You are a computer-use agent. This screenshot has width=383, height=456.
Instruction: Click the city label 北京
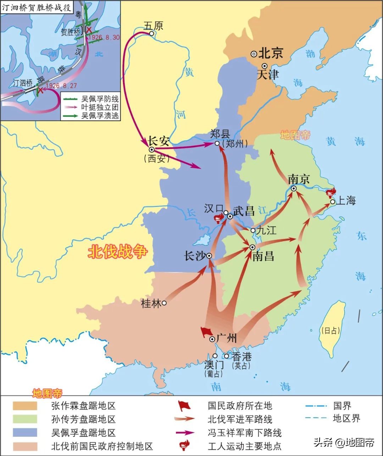[271, 53]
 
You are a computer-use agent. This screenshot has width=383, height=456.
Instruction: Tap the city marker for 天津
[265, 66]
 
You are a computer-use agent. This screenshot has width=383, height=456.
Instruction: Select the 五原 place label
[153, 26]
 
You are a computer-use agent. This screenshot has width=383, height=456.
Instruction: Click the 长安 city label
[159, 141]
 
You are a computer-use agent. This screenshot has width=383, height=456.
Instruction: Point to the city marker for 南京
[294, 188]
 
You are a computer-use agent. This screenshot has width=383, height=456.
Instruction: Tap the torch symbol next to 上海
[331, 192]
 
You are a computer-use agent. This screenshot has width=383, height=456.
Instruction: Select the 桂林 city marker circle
[164, 303]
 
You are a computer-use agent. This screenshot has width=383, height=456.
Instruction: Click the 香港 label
[242, 356]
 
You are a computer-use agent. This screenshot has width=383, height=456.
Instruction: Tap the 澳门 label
[214, 365]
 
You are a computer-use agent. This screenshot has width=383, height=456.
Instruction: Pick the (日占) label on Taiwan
[330, 330]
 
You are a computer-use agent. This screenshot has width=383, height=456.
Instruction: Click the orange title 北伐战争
[117, 252]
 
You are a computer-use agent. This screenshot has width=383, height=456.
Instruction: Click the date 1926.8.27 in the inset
[61, 86]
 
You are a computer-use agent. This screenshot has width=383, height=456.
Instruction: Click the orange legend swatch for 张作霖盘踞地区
[25, 406]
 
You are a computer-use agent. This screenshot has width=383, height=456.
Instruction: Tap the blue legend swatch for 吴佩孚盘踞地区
[25, 432]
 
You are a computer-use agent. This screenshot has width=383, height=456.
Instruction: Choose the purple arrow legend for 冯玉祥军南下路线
[185, 433]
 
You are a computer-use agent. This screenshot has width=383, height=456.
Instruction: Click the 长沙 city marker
[209, 256]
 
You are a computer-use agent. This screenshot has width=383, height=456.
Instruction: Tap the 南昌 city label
[263, 256]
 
